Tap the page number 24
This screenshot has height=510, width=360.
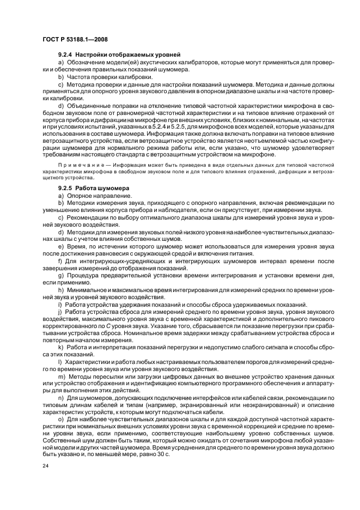pyautogui.click(x=45, y=466)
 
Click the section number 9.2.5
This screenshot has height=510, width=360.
pyautogui.click(x=65, y=189)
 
